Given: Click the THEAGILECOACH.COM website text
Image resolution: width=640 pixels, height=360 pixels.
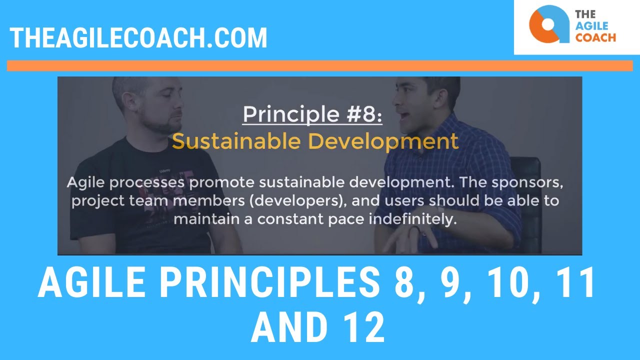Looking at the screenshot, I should tap(138, 38).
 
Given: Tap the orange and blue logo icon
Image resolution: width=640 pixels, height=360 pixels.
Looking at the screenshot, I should tap(549, 24).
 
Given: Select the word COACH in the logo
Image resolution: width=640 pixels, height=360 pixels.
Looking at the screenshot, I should tap(595, 37).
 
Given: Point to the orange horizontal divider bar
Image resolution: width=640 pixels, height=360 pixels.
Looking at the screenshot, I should tap(320, 66).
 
